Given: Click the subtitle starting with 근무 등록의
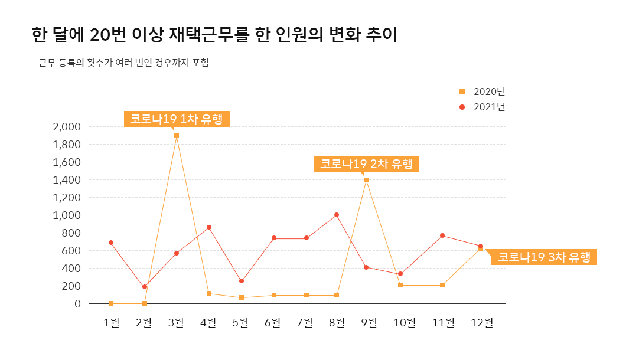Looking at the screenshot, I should point(120,63).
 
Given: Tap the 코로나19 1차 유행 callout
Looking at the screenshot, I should point(176,119).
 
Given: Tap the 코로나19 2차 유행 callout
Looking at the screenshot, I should point(366,163).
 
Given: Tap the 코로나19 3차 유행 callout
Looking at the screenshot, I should point(543,257).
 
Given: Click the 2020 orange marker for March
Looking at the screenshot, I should point(177,136).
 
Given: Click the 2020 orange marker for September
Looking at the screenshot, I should point(366,180).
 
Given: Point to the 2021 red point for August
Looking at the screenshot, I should point(337,215).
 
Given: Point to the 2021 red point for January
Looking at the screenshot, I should point(111,243).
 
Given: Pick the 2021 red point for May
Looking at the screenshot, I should point(242,281).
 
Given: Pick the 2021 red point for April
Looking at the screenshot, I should point(209,227).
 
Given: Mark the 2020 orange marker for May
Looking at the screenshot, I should point(242,297).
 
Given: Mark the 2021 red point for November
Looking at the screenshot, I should point(442,235).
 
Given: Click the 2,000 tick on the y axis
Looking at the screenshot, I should point(66,127).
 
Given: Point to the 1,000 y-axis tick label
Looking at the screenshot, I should point(66,215).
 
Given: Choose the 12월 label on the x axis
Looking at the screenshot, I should point(481,322).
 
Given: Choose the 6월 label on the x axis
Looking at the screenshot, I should point(273,322).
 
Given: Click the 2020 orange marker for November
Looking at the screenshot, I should point(442,285).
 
